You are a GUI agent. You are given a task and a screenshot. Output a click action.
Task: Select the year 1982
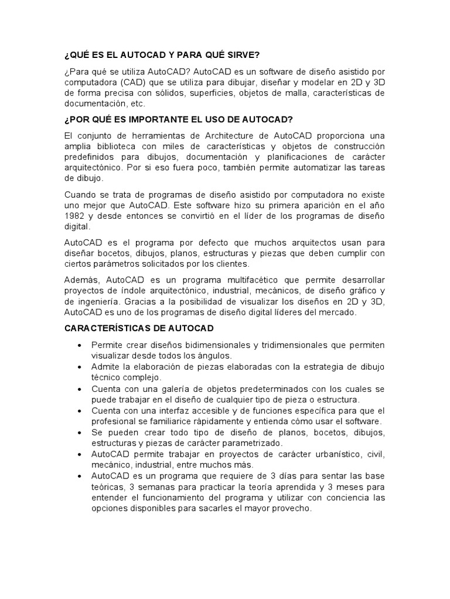pos(75,215)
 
